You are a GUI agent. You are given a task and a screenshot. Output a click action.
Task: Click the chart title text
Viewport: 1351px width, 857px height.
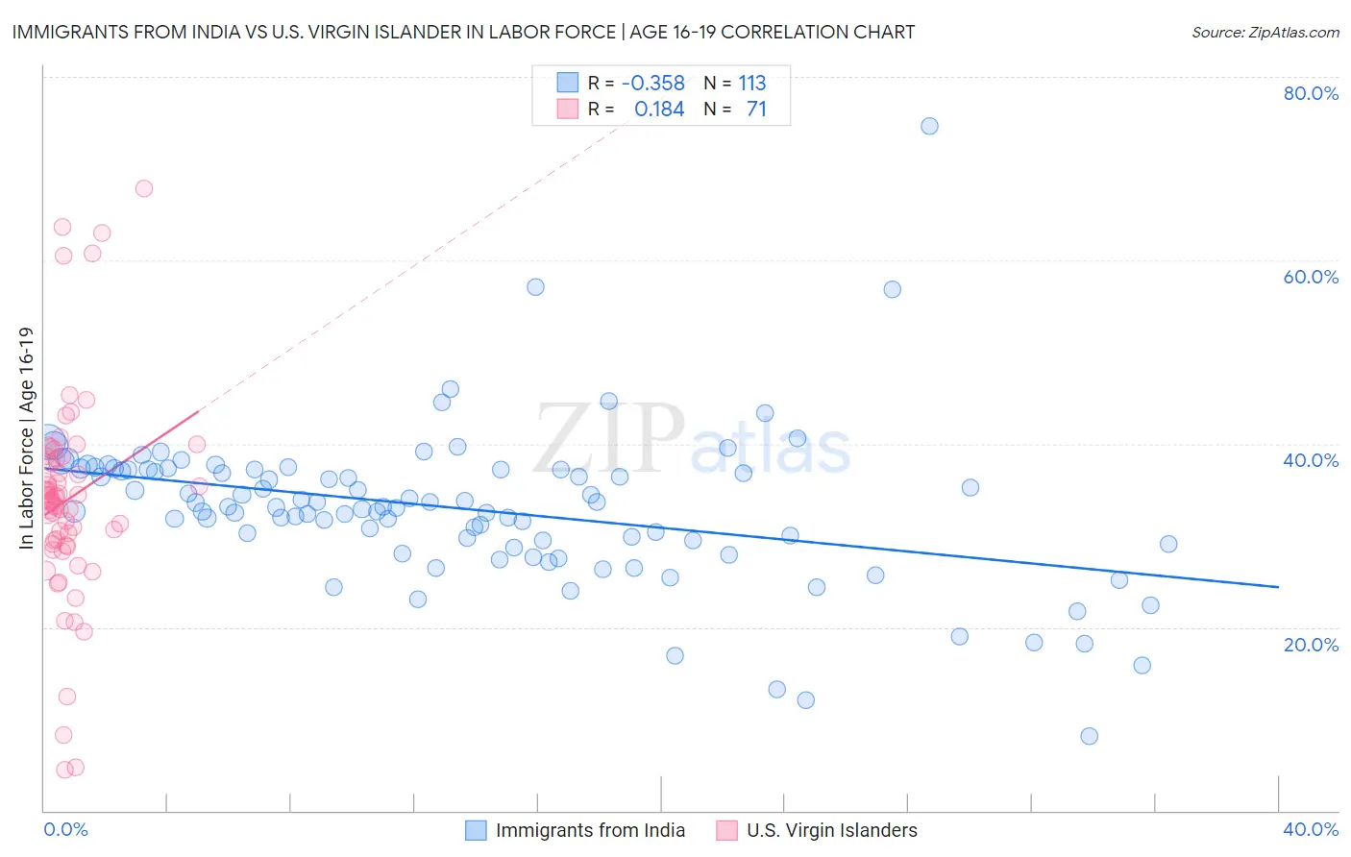point(461,32)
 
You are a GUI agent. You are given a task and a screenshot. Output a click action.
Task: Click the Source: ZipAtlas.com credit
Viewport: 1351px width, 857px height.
point(1265,32)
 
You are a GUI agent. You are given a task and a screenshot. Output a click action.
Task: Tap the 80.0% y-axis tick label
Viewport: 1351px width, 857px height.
point(1311,93)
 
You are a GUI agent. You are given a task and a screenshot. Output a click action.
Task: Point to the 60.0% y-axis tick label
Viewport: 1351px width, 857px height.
point(1311,277)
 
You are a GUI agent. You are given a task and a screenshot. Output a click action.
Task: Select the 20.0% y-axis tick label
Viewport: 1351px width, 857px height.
point(1311,644)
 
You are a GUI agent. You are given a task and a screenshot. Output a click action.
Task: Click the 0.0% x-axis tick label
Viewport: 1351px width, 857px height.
point(65,829)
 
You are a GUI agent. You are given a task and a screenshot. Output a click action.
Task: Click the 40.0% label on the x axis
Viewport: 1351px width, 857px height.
point(1311,829)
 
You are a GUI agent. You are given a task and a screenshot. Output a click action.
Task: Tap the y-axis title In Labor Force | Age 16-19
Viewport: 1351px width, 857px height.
point(26,438)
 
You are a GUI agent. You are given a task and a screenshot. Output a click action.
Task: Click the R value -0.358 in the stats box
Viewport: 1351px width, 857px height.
point(652,84)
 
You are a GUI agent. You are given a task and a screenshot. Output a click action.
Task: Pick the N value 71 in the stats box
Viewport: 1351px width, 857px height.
point(756,110)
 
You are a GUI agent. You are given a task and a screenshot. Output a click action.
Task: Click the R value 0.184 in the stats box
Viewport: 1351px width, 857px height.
point(659,110)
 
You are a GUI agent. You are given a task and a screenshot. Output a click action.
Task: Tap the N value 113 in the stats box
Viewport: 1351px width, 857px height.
point(751,84)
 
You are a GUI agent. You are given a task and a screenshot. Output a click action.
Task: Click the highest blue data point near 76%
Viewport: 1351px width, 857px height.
point(929,126)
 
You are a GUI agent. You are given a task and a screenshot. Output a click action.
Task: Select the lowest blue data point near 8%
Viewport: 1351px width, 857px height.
point(1089,736)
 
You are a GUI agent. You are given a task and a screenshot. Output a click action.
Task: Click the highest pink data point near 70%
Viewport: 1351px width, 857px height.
point(144,188)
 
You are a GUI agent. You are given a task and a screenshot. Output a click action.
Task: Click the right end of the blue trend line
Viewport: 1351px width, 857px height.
point(1278,586)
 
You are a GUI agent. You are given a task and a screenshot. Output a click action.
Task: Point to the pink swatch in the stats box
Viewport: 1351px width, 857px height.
point(568,109)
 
